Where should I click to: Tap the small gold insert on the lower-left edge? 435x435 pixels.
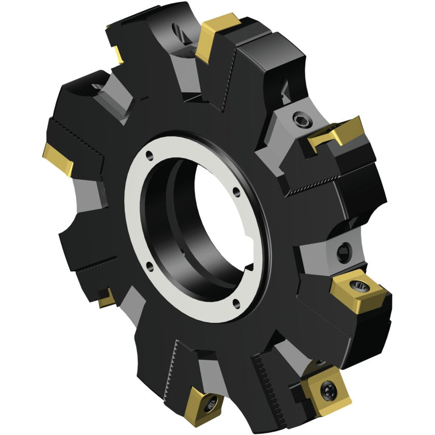pos(106,297)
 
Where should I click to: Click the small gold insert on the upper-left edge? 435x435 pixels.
pos(118,54)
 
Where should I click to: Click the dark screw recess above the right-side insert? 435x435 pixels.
pos(342,251)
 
